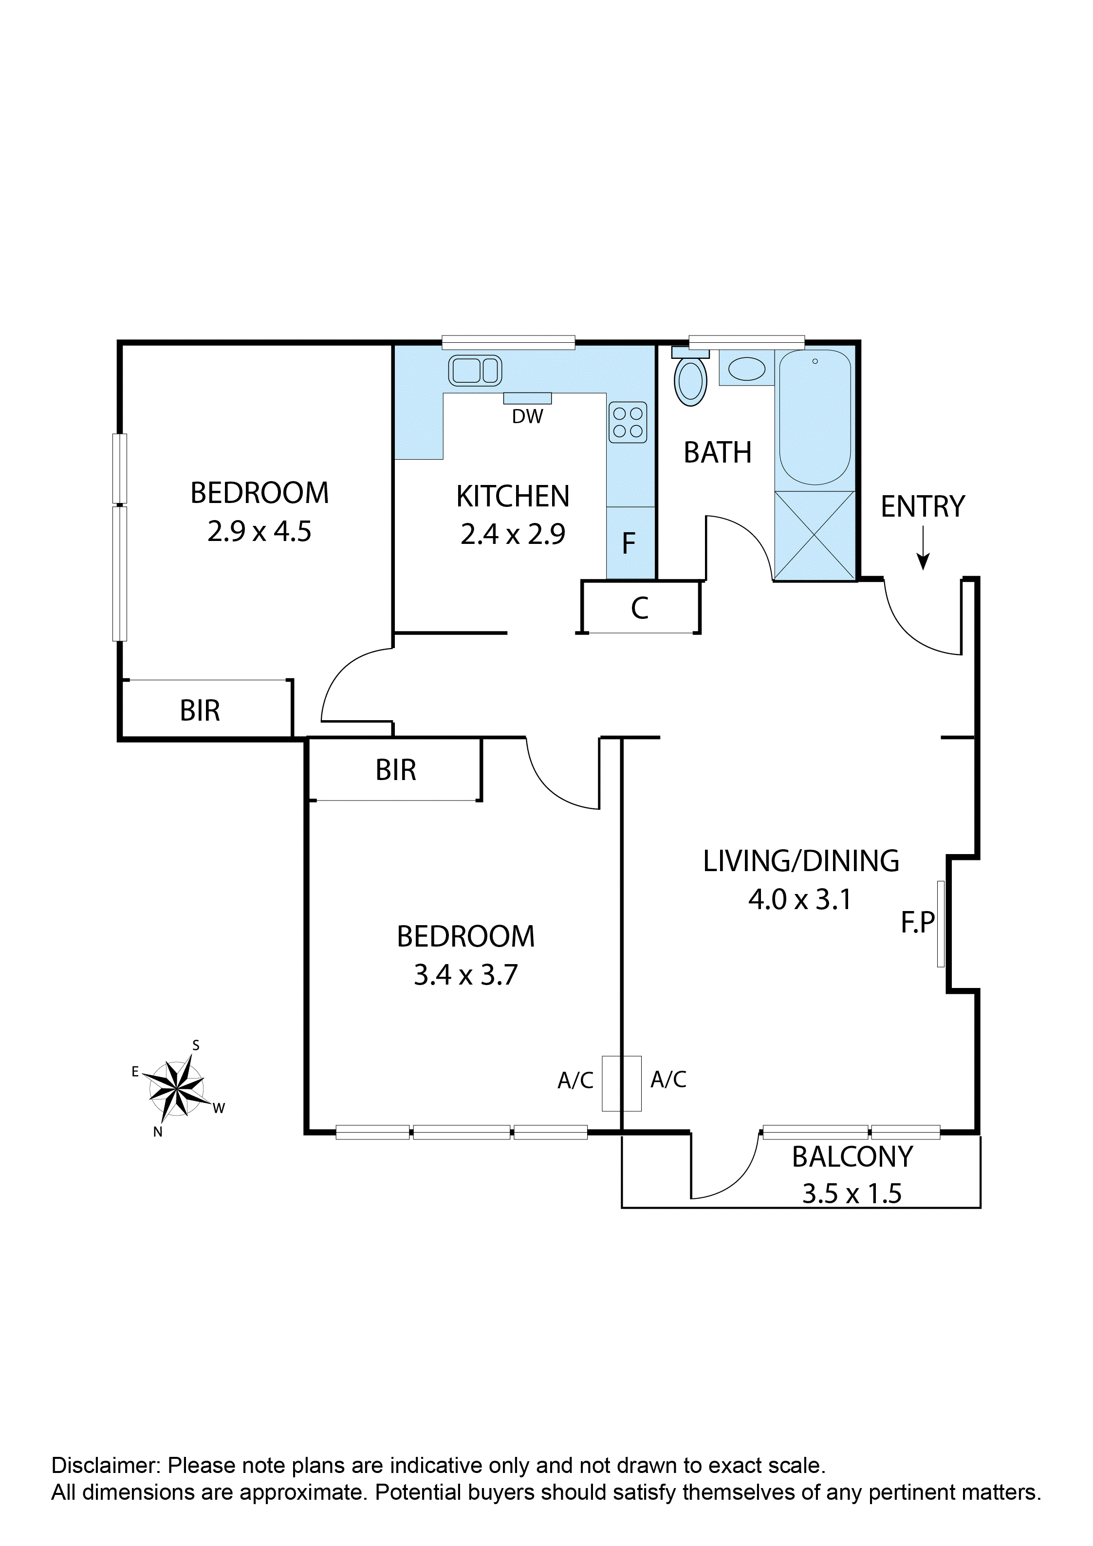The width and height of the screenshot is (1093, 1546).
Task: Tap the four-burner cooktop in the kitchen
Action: click(x=627, y=422)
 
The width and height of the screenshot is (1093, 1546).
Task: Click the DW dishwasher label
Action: click(x=527, y=417)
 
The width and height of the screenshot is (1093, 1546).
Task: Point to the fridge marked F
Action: click(x=629, y=543)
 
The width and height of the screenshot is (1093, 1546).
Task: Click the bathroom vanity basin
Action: click(x=747, y=369)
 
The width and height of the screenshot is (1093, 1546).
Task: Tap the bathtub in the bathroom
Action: click(x=815, y=417)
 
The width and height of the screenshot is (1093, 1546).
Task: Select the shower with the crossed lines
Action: click(x=815, y=536)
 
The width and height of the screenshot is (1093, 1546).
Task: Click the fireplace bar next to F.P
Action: click(x=941, y=924)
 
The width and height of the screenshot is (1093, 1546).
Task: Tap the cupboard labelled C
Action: click(x=640, y=608)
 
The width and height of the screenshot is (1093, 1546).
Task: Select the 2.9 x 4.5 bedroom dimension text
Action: click(x=259, y=532)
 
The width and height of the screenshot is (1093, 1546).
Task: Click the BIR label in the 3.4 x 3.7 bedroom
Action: click(x=396, y=770)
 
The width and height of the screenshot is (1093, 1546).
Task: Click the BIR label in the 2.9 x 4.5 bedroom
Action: click(x=200, y=710)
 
